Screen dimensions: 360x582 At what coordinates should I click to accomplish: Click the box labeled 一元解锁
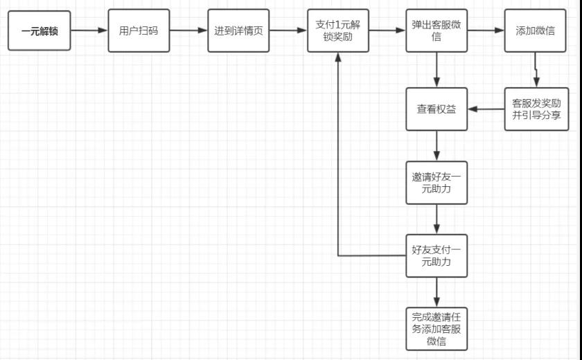tap(39, 31)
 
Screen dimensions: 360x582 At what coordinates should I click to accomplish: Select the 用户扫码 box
tap(139, 31)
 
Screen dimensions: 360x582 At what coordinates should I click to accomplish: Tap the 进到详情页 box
tap(238, 31)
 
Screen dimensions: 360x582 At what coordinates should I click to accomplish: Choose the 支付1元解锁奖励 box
tap(338, 31)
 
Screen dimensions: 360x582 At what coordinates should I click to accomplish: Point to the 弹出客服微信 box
tap(436, 31)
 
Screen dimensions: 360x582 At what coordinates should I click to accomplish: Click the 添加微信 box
tap(535, 31)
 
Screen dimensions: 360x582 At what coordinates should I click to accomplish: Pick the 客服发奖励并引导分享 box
tap(536, 109)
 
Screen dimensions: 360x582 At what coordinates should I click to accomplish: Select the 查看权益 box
tap(436, 109)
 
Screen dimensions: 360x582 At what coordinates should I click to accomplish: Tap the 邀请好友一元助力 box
tap(436, 183)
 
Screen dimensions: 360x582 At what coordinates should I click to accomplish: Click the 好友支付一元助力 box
tap(436, 256)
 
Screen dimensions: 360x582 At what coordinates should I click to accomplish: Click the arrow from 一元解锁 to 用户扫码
tap(89, 31)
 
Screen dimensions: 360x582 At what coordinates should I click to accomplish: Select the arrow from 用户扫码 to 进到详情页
tap(188, 31)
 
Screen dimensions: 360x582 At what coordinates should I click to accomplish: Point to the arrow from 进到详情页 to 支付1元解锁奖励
tap(288, 31)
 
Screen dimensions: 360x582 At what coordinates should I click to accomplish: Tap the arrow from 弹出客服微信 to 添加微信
tap(486, 31)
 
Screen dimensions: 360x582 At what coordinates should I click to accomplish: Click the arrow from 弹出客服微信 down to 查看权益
tap(436, 70)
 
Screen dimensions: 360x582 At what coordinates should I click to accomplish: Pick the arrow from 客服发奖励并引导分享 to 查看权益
tap(486, 109)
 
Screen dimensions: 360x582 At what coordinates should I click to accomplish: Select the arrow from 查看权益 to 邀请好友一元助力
tap(436, 145)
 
